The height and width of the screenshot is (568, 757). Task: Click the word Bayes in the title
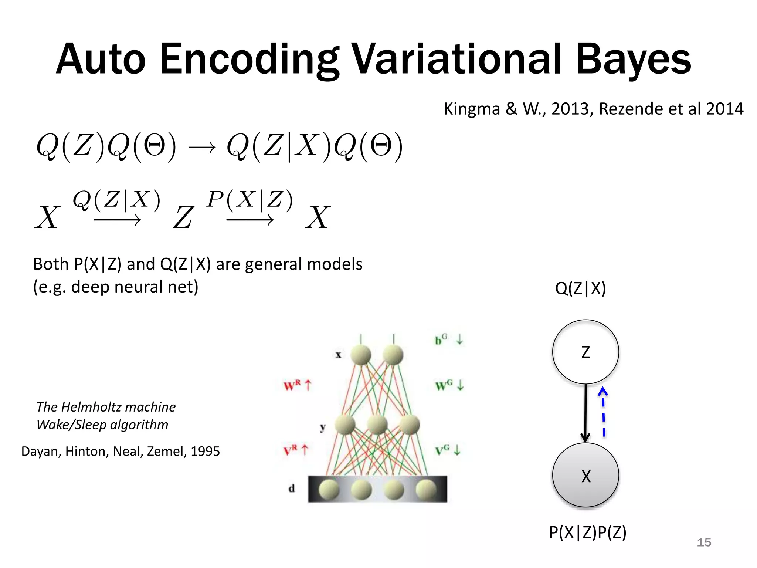(x=633, y=59)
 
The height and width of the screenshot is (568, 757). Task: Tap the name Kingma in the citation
(x=472, y=109)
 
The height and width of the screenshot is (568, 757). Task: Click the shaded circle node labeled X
(x=585, y=476)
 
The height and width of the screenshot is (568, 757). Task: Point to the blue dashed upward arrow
(x=603, y=412)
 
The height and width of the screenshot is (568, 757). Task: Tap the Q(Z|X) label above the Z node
(x=580, y=288)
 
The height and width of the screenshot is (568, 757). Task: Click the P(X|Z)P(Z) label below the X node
(x=588, y=532)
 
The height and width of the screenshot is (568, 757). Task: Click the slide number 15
(x=704, y=542)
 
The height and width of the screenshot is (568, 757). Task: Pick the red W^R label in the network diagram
(x=292, y=386)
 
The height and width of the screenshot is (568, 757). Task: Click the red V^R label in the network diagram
(x=291, y=451)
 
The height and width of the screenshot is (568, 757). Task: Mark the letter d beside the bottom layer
(x=292, y=488)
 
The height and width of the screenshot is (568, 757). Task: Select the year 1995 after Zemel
(x=205, y=452)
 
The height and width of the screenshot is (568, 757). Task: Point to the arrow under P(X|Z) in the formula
(x=250, y=221)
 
